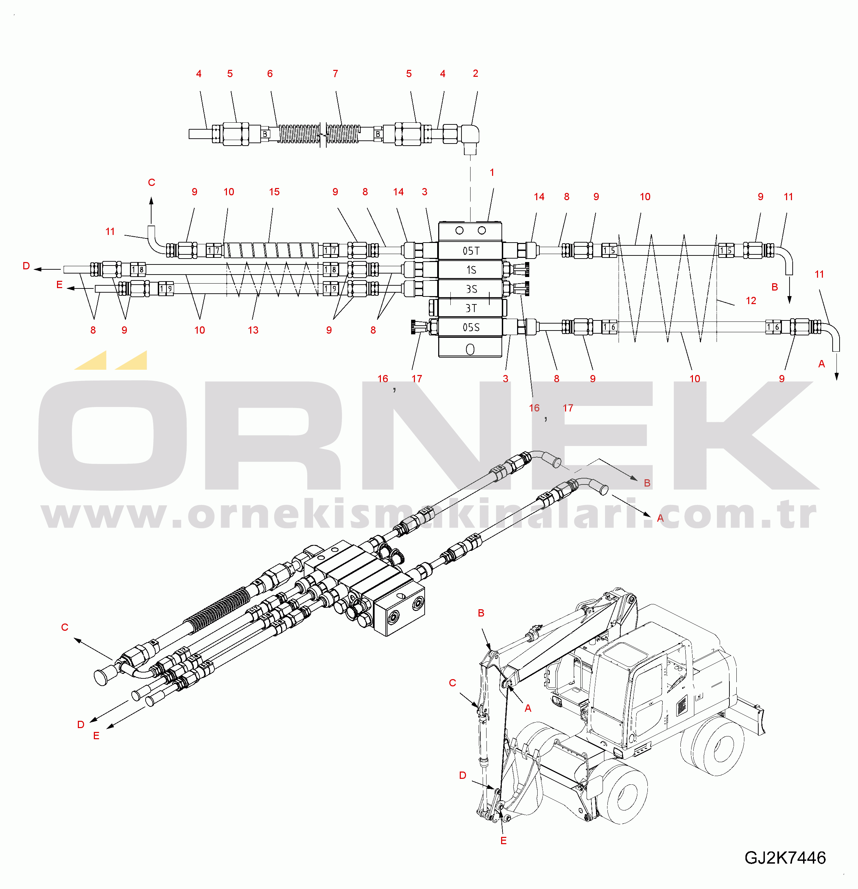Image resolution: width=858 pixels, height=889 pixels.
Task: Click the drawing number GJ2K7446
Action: (785, 858)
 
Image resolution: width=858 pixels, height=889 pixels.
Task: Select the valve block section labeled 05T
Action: (470, 250)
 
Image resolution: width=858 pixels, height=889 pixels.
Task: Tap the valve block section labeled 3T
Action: (470, 308)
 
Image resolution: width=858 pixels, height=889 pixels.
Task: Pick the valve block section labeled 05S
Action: (470, 327)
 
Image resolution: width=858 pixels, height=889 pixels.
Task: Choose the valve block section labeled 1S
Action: (470, 269)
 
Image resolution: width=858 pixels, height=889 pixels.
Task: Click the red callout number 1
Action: (492, 172)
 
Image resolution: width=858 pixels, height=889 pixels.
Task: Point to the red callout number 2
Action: (475, 73)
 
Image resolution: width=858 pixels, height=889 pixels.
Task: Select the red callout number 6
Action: (270, 73)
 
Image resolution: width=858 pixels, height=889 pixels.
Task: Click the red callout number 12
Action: (751, 300)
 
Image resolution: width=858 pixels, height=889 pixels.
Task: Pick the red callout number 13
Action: (253, 330)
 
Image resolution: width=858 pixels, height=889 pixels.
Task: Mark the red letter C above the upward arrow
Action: (152, 182)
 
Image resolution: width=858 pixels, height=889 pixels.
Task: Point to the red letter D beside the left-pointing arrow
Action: (26, 266)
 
